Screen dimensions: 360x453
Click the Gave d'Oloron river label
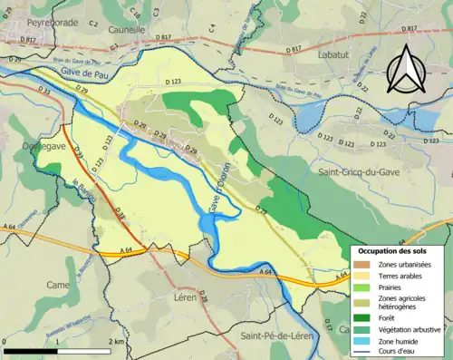(x=217, y=189)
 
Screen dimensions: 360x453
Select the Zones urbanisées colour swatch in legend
(x=361, y=264)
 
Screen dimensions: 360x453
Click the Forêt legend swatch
(x=361, y=316)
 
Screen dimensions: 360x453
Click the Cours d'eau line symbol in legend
(x=361, y=352)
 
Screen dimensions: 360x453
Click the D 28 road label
(x=202, y=298)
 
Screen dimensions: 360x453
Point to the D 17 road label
(x=328, y=326)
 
